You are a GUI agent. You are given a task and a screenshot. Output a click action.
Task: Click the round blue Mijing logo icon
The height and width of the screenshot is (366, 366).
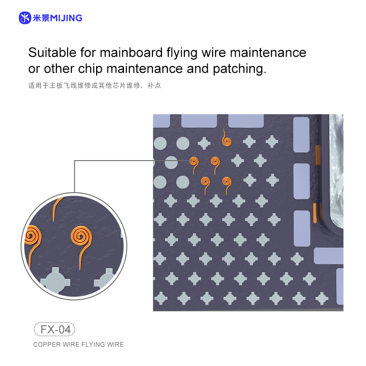(25, 18)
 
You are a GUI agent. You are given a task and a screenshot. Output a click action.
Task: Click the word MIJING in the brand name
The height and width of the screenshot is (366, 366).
(66, 18)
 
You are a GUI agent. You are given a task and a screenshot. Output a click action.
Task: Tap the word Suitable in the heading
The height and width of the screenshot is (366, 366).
(52, 52)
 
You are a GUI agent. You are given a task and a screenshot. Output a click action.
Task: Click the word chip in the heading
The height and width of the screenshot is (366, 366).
(90, 70)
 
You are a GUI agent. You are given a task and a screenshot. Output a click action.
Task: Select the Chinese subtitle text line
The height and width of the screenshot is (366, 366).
(95, 86)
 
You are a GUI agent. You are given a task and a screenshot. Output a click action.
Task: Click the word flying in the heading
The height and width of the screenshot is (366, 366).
(182, 53)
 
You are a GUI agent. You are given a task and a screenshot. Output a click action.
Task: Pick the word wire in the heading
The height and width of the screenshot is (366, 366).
(214, 53)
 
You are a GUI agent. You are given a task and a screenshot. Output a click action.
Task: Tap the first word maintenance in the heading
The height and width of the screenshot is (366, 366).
(268, 53)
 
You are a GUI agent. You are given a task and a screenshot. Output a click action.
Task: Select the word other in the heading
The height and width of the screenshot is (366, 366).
(59, 69)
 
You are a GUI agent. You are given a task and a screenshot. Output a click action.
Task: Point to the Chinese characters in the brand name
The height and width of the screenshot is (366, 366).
(41, 18)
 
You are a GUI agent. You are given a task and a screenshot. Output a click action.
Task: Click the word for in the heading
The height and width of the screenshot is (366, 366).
(88, 52)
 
